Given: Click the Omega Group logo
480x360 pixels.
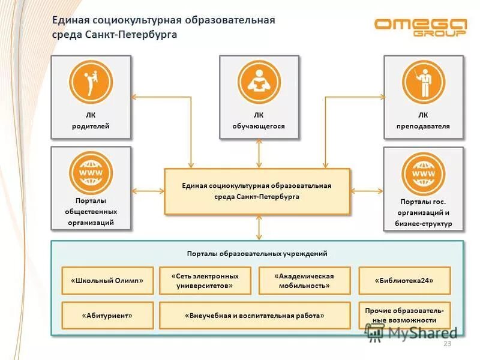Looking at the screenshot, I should (x=420, y=27).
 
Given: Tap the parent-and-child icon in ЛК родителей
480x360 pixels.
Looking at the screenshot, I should (x=91, y=81).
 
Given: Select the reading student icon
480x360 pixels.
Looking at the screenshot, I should (x=259, y=82).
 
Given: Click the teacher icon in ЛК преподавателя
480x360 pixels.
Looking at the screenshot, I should (x=424, y=82).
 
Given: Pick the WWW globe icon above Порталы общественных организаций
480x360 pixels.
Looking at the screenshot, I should (x=91, y=173).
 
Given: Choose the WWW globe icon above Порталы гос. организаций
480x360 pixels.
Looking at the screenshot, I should (x=424, y=173).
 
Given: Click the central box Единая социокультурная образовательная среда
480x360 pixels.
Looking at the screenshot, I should (x=257, y=191).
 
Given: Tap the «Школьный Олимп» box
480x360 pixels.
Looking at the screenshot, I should (x=107, y=280).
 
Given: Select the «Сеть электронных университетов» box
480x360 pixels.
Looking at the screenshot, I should (x=205, y=280).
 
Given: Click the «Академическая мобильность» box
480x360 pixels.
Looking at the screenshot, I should (x=304, y=280).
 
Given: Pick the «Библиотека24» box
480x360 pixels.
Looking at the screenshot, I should (x=404, y=280).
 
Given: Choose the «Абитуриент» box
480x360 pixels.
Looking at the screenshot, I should (x=107, y=315).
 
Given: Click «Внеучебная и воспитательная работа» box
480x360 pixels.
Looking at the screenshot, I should (x=254, y=315).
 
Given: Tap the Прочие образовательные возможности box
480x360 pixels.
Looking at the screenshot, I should (x=404, y=315).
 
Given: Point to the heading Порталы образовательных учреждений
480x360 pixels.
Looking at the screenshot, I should (x=257, y=253).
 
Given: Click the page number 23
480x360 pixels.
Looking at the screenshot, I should (x=446, y=343).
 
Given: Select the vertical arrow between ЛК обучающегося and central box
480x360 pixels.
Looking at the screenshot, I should (x=259, y=154).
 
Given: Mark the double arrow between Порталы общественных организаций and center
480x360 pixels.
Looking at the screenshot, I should (x=148, y=191).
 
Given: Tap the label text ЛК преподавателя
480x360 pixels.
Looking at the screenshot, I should (x=423, y=121).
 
